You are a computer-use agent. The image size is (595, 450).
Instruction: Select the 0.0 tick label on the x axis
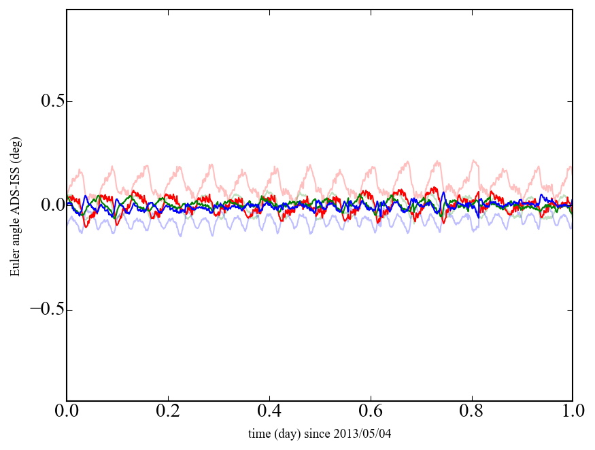[67, 413]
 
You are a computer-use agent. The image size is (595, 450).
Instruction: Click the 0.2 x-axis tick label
[168, 413]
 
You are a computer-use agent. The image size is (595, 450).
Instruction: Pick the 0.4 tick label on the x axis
[269, 413]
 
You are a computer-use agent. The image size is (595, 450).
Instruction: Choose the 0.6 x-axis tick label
[371, 413]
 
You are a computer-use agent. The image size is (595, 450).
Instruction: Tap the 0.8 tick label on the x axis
[471, 413]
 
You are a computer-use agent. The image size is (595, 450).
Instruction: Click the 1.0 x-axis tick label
[572, 413]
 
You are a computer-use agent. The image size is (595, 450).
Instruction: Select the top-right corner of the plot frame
[573, 10]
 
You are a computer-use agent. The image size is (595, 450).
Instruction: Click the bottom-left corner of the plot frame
[67, 400]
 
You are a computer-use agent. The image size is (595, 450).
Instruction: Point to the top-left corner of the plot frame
[67, 10]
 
